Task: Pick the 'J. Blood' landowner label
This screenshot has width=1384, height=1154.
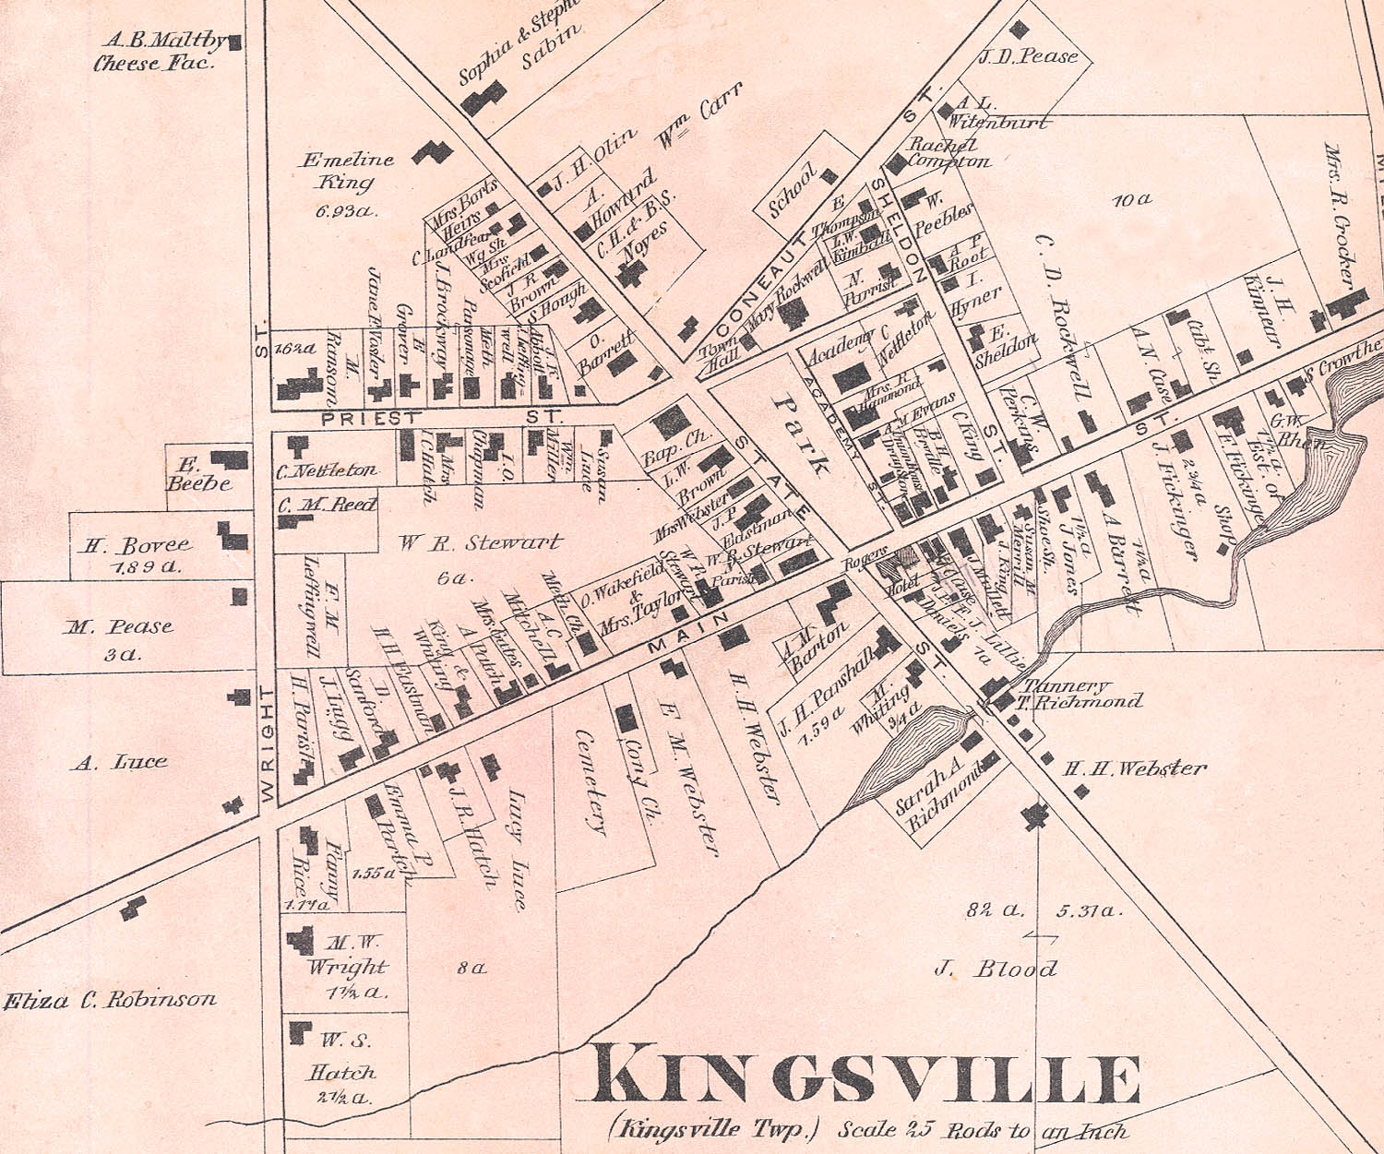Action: (x=995, y=969)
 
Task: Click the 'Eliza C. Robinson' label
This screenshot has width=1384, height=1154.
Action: (x=111, y=999)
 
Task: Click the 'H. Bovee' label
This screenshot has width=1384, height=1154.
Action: (x=137, y=546)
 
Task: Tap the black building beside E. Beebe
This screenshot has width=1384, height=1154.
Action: (x=230, y=458)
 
